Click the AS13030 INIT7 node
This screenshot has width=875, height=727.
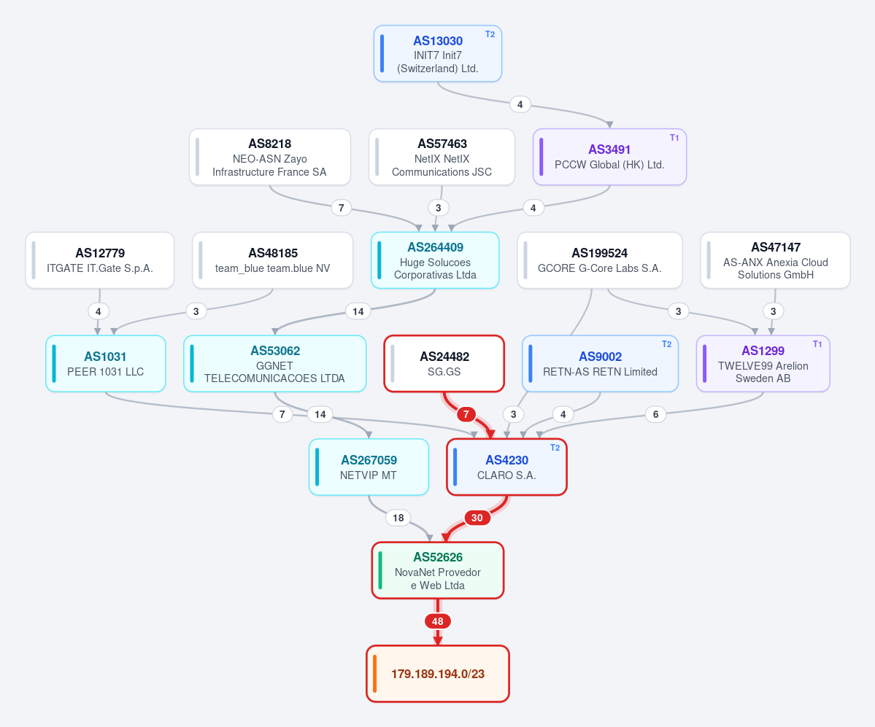click(438, 53)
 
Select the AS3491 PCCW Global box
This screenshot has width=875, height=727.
click(609, 157)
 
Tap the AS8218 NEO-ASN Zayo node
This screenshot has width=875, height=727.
click(269, 157)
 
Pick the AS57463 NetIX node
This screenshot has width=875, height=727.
click(442, 157)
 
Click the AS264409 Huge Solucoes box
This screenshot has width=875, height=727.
click(435, 260)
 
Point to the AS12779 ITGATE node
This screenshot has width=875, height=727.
click(100, 260)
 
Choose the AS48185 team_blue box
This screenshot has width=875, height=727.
click(272, 260)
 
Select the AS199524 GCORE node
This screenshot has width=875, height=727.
click(599, 260)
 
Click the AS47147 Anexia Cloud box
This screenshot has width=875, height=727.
click(775, 260)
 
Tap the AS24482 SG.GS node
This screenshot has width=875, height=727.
click(444, 363)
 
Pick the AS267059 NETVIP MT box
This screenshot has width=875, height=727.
click(369, 467)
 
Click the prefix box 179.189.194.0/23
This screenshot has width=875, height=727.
click(438, 674)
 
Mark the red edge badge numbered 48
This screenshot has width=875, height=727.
click(438, 621)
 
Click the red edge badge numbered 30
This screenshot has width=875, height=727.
click(477, 518)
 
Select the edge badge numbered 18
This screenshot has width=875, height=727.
click(398, 518)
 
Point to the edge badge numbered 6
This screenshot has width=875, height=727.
click(655, 414)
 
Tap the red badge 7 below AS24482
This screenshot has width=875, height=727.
click(466, 414)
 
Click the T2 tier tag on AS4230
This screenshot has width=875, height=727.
click(555, 448)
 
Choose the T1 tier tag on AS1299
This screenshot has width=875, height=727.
click(817, 344)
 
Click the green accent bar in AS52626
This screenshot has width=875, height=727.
click(380, 570)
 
